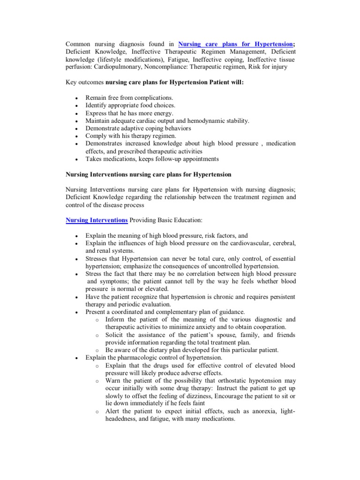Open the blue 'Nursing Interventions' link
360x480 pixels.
[97, 220]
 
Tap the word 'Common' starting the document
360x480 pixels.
[79, 44]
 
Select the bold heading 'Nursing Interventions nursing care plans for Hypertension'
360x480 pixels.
[148, 174]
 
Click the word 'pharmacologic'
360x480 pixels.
[148, 358]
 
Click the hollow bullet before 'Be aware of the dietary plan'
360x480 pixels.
[96, 350]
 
